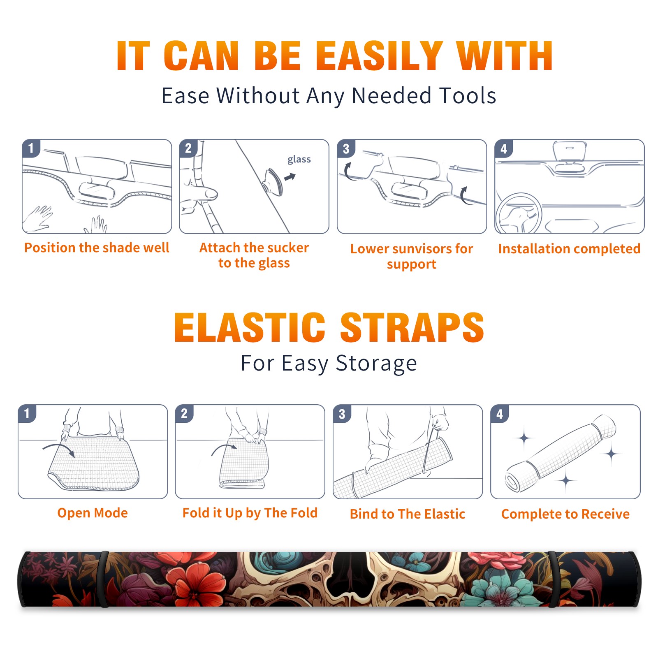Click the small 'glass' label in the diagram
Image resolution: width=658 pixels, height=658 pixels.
point(299,160)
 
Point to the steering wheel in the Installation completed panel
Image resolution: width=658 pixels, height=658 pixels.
point(518,213)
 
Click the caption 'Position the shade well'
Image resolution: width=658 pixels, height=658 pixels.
point(97,248)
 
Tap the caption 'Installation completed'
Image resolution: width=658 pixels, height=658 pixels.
point(569,249)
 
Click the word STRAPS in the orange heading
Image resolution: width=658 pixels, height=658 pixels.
point(412,327)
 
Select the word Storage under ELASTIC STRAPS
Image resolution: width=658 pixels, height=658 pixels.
point(376,364)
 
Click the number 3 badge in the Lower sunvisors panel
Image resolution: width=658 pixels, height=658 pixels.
point(346,149)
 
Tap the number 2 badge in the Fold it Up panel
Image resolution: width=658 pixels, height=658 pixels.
point(184,414)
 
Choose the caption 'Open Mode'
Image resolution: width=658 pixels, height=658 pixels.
point(93,513)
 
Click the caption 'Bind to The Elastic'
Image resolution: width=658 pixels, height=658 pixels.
point(408,514)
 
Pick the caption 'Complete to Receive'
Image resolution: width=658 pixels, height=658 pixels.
point(565,514)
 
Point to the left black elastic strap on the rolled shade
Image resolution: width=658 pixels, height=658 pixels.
point(104,579)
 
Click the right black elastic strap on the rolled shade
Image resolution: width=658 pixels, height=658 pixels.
point(552,579)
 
